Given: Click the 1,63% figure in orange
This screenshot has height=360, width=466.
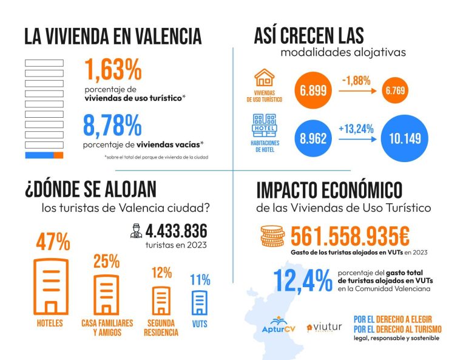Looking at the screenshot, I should point(113,70).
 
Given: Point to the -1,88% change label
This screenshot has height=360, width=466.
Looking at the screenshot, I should point(356,81).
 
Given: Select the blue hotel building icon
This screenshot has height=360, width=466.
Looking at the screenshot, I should point(265,124).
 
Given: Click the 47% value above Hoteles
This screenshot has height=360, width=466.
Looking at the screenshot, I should point(53,243).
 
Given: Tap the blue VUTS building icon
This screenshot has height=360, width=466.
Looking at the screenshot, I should point(199,302).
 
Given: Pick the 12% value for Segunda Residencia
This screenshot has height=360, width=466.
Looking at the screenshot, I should point(161,273).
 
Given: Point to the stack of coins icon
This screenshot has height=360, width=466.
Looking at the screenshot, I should point(272,236).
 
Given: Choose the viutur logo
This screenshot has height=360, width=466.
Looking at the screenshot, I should point(324,328).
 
